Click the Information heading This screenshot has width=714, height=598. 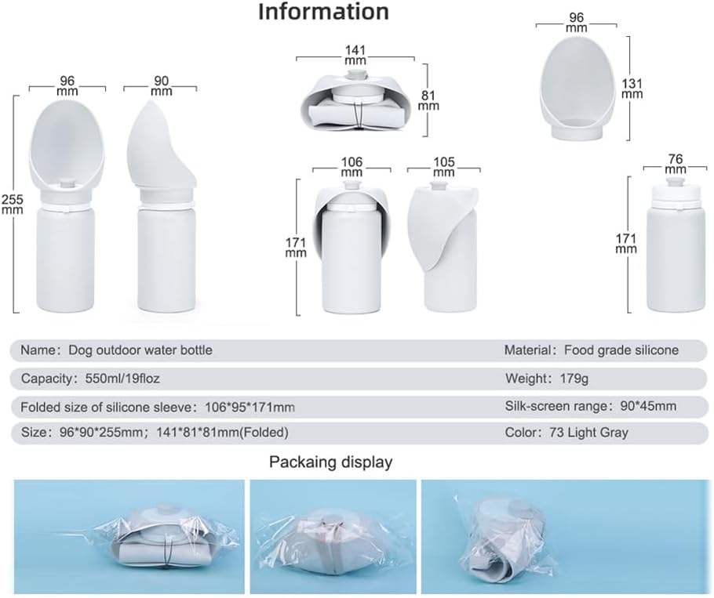click(323, 13)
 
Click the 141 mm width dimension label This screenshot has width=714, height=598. click(355, 53)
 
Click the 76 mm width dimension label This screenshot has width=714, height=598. click(675, 164)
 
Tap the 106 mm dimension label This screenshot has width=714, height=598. click(352, 167)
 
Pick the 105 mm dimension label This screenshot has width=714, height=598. click(444, 167)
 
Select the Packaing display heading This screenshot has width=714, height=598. click(330, 462)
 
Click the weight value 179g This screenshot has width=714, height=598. click(583, 379)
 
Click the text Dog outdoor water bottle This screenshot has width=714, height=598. click(140, 350)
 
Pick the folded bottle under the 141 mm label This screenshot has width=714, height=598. click(358, 102)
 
